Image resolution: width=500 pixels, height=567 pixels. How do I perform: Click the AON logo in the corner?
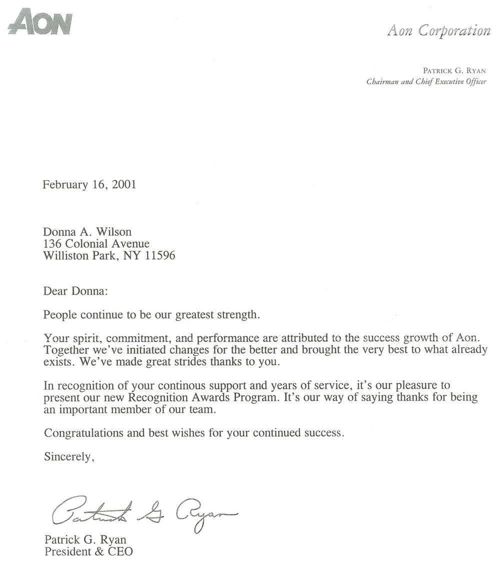[x=40, y=23]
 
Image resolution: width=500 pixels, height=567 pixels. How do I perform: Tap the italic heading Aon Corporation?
[x=438, y=31]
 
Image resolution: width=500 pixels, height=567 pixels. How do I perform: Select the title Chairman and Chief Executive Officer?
[x=426, y=82]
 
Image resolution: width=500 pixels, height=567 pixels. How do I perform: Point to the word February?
[x=64, y=184]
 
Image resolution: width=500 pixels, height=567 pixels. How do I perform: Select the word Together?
[x=65, y=349]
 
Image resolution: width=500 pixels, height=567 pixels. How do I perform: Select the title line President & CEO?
[x=89, y=552]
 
